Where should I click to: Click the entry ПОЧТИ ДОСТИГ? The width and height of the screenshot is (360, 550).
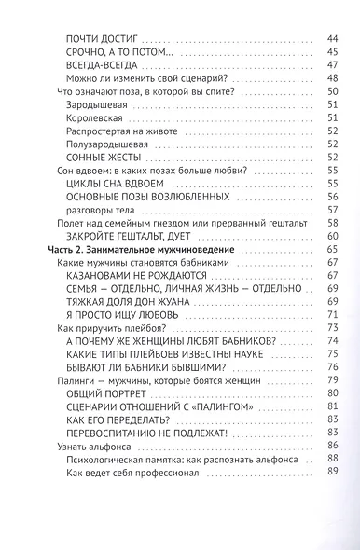tap(103, 38)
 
